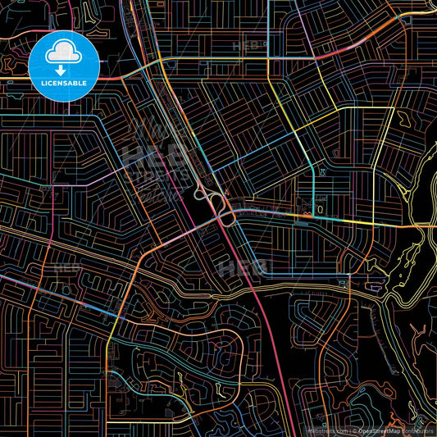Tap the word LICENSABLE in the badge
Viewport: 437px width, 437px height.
click(x=64, y=82)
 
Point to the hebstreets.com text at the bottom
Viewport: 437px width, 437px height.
click(x=326, y=430)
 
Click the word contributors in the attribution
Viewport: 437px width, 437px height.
click(x=417, y=430)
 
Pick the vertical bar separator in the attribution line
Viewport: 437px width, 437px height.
click(x=349, y=430)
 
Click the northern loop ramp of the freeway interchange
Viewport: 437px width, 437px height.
click(x=204, y=195)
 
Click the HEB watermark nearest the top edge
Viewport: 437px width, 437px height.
click(x=250, y=46)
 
